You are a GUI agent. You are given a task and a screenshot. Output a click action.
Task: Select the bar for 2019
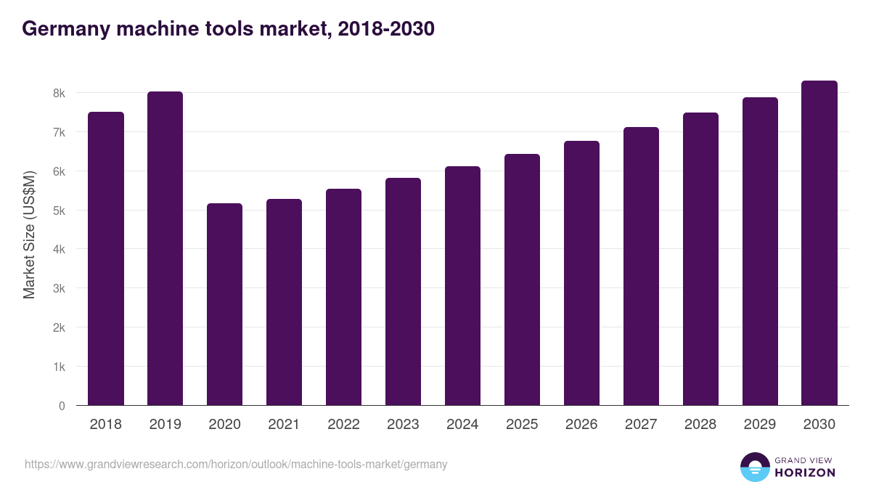[x=165, y=248]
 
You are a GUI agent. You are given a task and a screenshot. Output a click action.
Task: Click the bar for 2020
[x=224, y=304]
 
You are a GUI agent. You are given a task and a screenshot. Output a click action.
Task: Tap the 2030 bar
[x=819, y=243]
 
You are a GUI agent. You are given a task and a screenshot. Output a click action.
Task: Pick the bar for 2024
[x=462, y=286]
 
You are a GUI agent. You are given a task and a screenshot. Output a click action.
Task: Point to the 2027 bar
[x=641, y=266]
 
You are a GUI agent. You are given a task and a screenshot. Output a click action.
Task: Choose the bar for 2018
[x=106, y=258]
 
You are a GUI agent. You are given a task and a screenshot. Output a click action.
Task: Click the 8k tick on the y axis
[x=59, y=94]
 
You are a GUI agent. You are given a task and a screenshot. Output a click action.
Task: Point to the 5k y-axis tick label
[x=59, y=211]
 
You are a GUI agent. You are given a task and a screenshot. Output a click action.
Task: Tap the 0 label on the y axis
[x=62, y=406]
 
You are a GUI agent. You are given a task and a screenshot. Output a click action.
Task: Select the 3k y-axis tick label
[x=59, y=289]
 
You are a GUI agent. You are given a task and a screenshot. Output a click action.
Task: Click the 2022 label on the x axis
[x=343, y=425]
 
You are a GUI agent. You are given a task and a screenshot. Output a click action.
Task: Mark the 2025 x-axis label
[x=522, y=425]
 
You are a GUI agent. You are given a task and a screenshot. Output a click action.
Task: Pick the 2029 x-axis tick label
[x=760, y=425]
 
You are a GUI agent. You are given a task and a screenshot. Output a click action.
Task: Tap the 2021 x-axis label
[x=284, y=425]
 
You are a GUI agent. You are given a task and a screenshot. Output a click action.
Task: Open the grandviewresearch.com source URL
[x=236, y=464]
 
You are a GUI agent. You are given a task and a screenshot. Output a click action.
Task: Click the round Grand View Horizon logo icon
[x=755, y=467]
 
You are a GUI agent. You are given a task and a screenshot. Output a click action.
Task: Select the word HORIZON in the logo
[x=805, y=473]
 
